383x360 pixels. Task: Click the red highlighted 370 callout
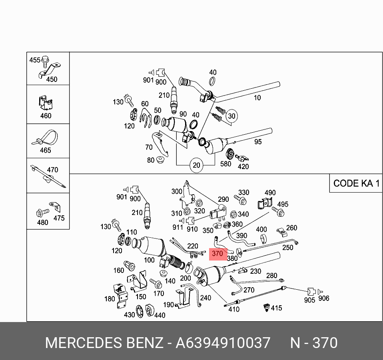tap(217, 254)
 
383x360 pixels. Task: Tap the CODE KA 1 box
tap(356, 183)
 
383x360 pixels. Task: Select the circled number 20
tap(196, 165)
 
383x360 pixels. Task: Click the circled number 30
tap(231, 116)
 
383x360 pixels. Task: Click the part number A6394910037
tap(223, 343)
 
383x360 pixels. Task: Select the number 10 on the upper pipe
tap(257, 97)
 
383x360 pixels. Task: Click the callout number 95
tap(258, 141)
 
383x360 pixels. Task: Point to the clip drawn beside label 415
tap(265, 308)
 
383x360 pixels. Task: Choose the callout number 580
tap(225, 163)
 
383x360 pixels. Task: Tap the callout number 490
tap(270, 193)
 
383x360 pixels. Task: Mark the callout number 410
tap(234, 309)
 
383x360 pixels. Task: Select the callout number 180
tap(110, 299)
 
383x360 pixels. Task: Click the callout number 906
tap(323, 298)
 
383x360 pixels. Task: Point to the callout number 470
tap(52, 170)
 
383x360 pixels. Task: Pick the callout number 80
tap(151, 160)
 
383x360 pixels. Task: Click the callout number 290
tap(223, 199)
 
